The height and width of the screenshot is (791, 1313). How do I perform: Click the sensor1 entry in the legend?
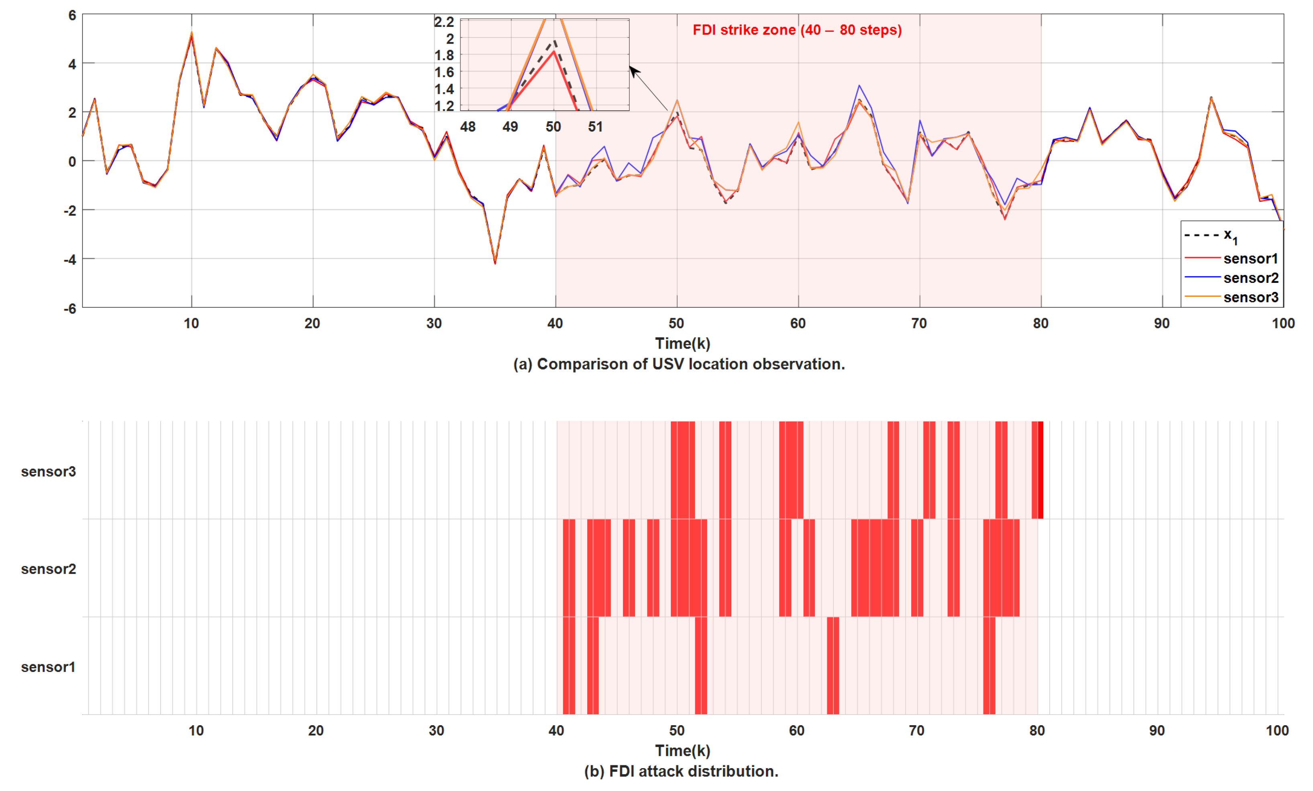[x=1250, y=259]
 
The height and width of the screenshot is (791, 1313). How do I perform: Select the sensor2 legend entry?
[x=1250, y=278]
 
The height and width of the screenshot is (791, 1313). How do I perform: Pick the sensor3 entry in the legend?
[x=1250, y=297]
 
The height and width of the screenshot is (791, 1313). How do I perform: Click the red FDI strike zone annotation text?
[x=797, y=30]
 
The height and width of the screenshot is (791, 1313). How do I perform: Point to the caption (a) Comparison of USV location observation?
[x=678, y=364]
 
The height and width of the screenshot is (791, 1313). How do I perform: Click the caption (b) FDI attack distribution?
[x=681, y=771]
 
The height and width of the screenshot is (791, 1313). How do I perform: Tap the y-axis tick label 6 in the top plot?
[x=72, y=16]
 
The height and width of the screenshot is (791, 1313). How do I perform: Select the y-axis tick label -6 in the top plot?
[x=70, y=309]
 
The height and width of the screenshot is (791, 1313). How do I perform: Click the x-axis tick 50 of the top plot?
[x=676, y=324]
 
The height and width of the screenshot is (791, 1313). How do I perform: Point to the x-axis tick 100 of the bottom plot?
[x=1277, y=731]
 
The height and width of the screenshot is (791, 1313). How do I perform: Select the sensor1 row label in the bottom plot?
[x=49, y=667]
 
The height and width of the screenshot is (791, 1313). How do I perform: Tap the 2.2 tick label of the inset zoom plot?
[x=444, y=22]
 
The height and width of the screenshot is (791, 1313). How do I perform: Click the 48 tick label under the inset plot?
[x=468, y=127]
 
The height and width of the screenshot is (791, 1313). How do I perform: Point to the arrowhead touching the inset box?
[x=633, y=70]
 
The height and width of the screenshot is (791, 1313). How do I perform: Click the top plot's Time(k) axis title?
[x=682, y=344]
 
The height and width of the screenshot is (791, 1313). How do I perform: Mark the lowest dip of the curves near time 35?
[x=495, y=263]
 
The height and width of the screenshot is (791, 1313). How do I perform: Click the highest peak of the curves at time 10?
[x=191, y=34]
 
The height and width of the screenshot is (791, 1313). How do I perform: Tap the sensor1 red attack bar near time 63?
[x=833, y=666]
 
